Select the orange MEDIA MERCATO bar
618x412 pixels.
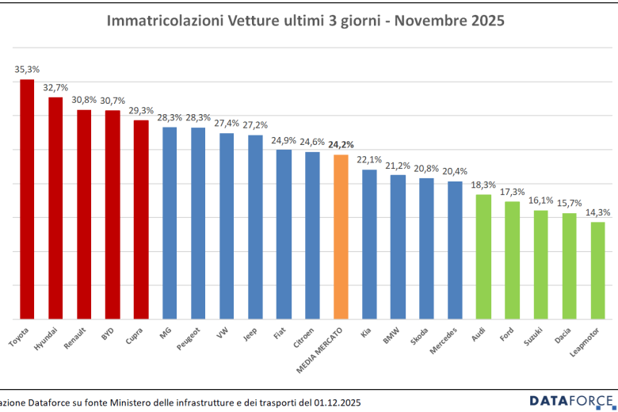pos(341,237)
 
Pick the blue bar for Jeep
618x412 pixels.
pos(255,227)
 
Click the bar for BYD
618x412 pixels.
pos(113,214)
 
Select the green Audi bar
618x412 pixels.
pos(483,257)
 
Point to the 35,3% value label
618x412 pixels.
pos(27,70)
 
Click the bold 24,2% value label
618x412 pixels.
pos(341,144)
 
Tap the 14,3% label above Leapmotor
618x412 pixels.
pos(598,212)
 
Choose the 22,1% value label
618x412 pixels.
pos(369,160)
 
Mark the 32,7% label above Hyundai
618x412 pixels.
pos(55,87)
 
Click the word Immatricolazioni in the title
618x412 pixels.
pos(159,21)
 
